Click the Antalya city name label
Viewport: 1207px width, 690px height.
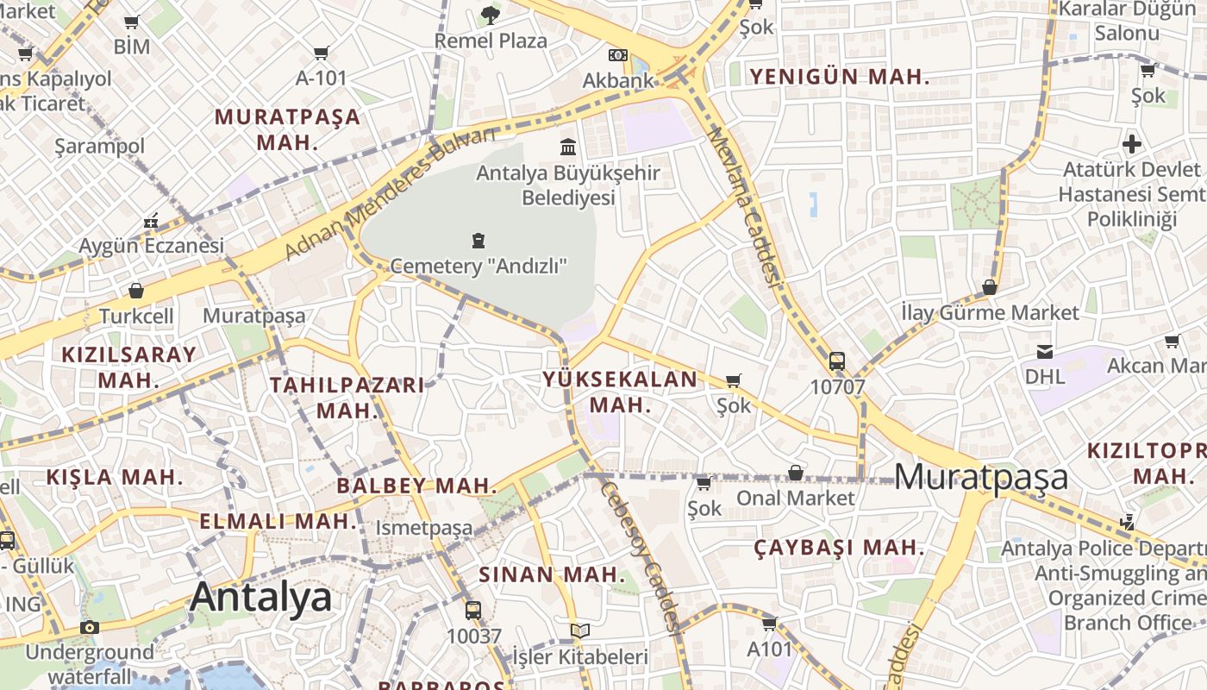(260, 597)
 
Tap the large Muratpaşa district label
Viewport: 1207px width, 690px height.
(981, 477)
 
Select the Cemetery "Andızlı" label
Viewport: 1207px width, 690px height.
(478, 266)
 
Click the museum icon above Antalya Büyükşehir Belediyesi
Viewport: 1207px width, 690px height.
(567, 147)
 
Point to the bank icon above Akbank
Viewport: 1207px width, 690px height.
(617, 54)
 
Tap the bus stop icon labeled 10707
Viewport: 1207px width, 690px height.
(836, 361)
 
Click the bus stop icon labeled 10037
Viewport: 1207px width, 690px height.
(472, 611)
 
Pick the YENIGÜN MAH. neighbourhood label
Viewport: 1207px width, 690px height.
(839, 77)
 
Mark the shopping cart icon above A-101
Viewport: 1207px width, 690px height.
(322, 53)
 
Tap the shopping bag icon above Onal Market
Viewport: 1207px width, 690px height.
(795, 473)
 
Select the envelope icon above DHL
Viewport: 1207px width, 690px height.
(1045, 351)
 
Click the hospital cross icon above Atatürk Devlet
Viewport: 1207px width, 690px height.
(1131, 143)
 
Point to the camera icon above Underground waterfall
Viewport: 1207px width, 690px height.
(90, 627)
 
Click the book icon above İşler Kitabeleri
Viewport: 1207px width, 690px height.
(581, 631)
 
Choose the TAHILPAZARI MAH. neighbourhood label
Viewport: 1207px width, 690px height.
(347, 397)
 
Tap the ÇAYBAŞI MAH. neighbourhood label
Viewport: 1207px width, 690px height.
(839, 548)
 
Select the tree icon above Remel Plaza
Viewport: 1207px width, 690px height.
(490, 15)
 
